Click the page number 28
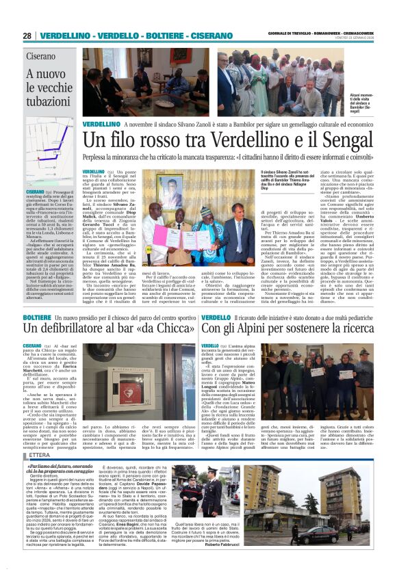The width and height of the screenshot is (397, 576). coord(27,36)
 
